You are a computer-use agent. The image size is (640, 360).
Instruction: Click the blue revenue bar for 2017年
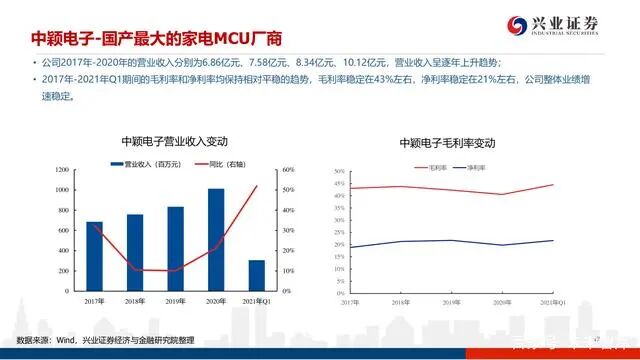click(95, 256)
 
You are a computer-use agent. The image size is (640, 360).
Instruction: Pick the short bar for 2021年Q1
click(256, 275)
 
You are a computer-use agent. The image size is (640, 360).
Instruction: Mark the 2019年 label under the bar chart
click(175, 301)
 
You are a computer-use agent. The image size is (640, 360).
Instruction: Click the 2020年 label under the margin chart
click(501, 301)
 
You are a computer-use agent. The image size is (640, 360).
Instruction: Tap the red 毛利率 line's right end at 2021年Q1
click(553, 185)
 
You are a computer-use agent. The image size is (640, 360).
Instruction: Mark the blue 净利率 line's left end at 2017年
click(350, 247)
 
